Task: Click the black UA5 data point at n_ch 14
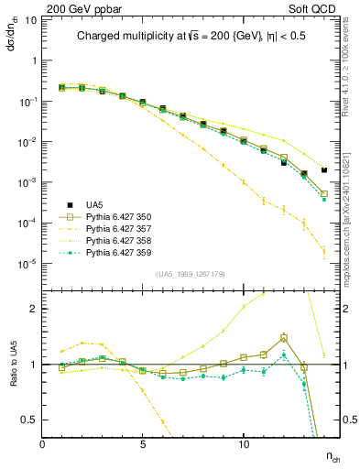click(x=324, y=169)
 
